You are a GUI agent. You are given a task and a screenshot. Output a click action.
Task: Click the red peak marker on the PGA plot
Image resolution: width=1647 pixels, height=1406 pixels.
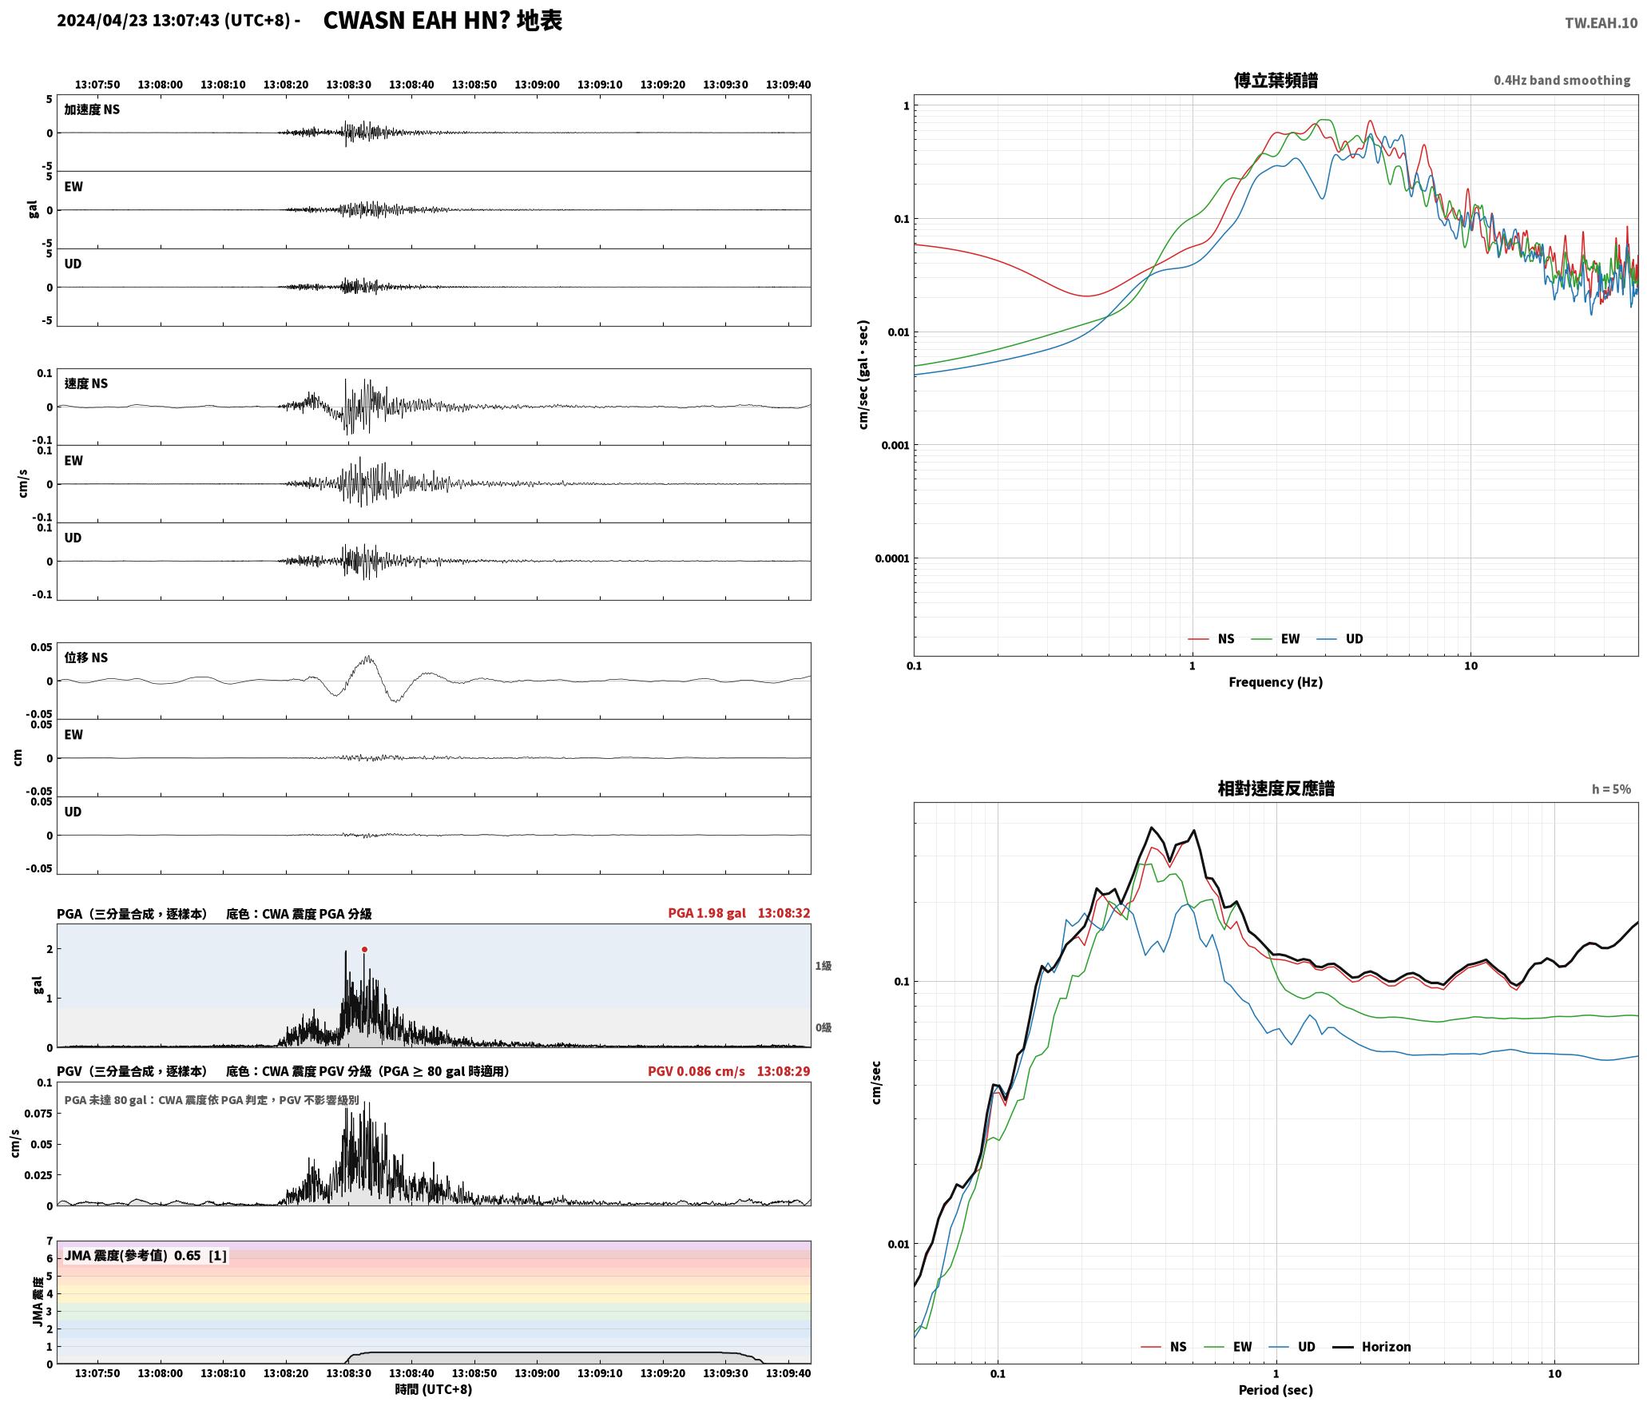point(364,950)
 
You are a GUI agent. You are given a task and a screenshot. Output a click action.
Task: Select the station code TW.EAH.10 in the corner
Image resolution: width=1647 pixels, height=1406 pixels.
point(1601,23)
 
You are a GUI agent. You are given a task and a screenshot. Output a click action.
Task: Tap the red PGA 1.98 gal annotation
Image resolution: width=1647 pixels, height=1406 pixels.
point(707,913)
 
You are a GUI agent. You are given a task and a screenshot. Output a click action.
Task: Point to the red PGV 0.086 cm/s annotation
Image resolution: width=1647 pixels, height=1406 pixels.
point(696,1071)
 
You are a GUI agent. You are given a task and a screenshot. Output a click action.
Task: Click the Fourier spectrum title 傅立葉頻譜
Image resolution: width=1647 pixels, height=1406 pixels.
point(1276,81)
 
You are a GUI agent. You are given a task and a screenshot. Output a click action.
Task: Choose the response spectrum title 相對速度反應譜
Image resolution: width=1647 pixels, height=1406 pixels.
point(1276,788)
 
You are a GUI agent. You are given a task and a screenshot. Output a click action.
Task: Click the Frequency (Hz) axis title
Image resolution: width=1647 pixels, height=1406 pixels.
point(1276,682)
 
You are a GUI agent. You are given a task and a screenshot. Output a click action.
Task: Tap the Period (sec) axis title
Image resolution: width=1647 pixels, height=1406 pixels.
point(1276,1390)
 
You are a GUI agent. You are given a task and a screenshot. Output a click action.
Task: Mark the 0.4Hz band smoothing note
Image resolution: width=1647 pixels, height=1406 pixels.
point(1562,81)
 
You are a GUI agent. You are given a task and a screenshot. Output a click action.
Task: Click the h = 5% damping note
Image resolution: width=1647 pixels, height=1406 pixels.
point(1611,789)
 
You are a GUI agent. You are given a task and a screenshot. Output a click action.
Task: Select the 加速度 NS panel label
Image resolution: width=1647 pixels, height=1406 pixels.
point(92,109)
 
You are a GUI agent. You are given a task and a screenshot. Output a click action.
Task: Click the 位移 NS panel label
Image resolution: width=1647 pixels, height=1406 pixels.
point(86,657)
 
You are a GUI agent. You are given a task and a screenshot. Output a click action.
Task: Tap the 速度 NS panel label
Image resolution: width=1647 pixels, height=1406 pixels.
point(86,383)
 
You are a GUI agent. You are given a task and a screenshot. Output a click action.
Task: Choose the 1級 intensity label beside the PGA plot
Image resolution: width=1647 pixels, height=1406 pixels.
point(823,966)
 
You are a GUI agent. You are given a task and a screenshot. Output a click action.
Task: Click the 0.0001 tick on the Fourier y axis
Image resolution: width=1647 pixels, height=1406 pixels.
point(891,558)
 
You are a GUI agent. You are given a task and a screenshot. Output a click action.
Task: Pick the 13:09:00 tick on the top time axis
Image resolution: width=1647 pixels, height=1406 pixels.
point(537,85)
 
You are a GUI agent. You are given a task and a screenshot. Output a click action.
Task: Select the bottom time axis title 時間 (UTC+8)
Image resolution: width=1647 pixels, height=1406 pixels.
point(434,1390)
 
